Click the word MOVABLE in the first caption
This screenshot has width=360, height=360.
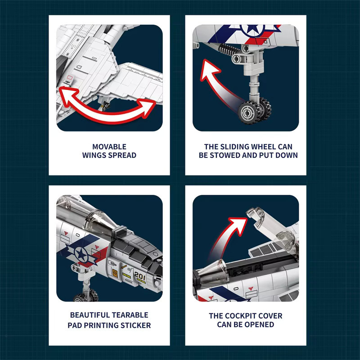tap(109, 147)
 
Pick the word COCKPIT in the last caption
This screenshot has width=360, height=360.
tap(239, 316)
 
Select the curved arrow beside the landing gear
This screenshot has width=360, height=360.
tap(218, 85)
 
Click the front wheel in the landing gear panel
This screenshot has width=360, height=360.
tap(249, 112)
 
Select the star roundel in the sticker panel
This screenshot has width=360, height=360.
tap(81, 254)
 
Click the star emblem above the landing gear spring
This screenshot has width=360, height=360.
tap(252, 29)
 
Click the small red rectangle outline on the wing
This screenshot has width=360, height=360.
tap(70, 77)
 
